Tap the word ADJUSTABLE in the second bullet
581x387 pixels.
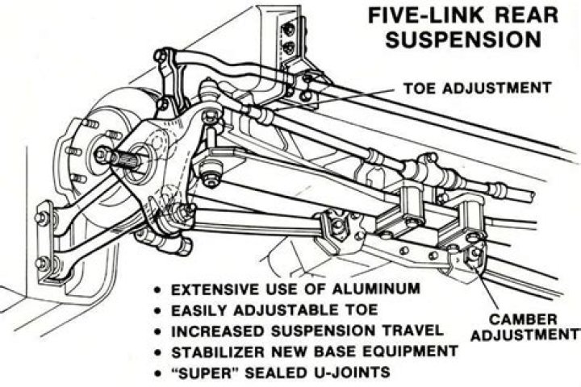(x=294, y=309)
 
